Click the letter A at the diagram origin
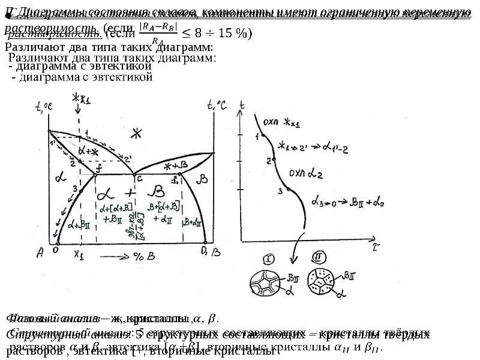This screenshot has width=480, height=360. [40, 253]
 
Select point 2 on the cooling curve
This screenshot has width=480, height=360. [271, 160]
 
